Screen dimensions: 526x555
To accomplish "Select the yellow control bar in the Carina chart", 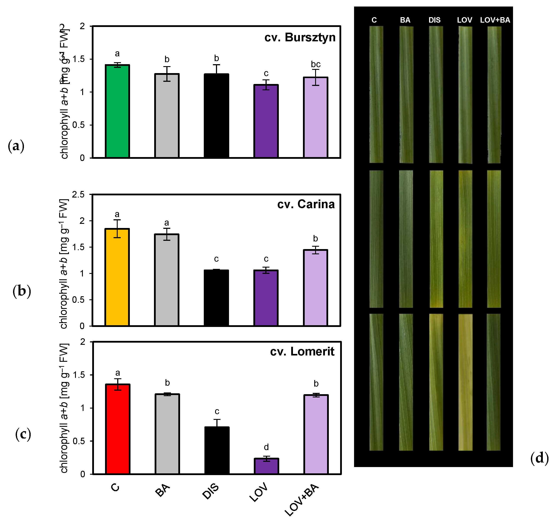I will tap(117, 277).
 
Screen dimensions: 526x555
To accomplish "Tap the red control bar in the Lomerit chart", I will tap(117, 429).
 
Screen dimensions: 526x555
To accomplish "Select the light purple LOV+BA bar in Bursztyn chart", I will tap(315, 117).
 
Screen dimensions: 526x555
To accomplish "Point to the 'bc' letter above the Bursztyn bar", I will tap(316, 64).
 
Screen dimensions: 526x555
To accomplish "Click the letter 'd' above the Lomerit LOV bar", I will tap(266, 447).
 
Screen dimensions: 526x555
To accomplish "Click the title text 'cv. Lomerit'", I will tap(302, 352).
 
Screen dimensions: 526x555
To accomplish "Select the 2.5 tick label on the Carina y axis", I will tap(78, 195).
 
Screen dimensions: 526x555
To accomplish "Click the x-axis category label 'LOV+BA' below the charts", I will tap(302, 500).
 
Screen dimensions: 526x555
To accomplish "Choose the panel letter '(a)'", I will tap(16, 146).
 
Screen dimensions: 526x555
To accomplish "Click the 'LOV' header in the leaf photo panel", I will tap(465, 20).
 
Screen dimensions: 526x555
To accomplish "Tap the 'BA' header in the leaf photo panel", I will tap(405, 20).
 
